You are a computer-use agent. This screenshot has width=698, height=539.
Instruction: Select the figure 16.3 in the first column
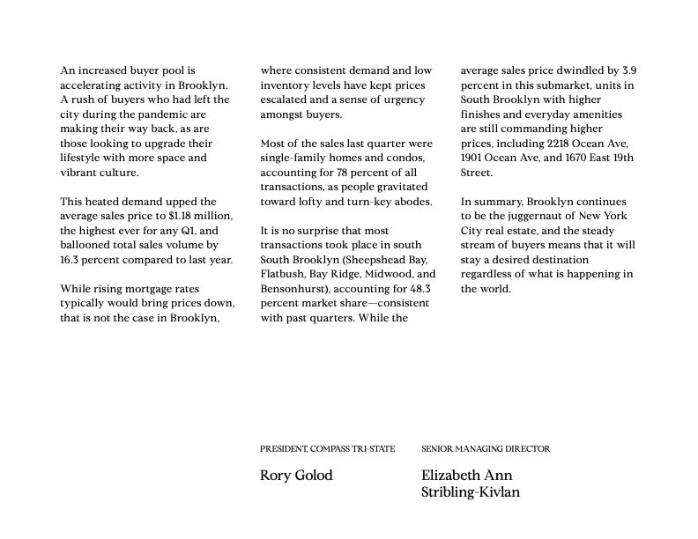click(71, 259)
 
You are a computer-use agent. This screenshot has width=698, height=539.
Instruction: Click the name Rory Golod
click(296, 476)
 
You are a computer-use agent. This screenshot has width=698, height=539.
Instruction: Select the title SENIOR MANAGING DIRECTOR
click(486, 449)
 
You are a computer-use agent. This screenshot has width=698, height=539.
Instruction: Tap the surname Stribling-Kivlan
click(471, 492)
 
